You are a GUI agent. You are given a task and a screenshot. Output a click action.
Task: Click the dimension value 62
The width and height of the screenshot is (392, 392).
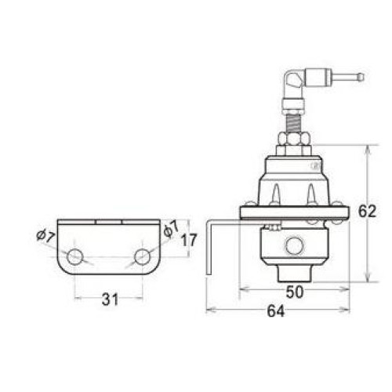[367, 211]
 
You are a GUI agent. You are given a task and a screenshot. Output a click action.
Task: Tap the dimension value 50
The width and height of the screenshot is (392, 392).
[295, 292]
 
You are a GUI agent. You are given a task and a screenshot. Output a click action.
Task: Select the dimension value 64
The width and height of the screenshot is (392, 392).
[275, 311]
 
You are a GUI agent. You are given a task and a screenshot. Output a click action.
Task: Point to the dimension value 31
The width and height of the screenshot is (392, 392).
[110, 299]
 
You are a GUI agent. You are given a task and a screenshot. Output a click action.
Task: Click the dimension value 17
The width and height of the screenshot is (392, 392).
[189, 241]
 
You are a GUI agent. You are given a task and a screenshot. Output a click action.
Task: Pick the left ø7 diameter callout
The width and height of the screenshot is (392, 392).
[45, 236]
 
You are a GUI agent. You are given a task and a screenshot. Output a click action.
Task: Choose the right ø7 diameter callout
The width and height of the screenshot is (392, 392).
[171, 229]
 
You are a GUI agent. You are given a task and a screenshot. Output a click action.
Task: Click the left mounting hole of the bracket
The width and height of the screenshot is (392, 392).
[75, 257]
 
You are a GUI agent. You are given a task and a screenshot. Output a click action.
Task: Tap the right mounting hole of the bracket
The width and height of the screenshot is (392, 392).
[143, 257]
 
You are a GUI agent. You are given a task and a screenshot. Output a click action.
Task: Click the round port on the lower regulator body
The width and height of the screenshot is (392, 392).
[294, 245]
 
